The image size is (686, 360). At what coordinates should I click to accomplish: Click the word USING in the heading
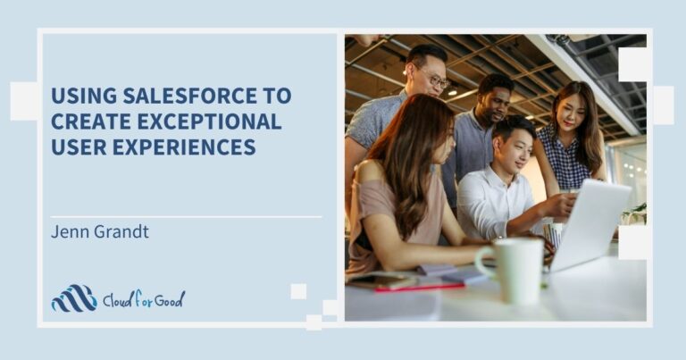click(82, 96)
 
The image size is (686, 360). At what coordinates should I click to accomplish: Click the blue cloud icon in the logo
click(73, 298)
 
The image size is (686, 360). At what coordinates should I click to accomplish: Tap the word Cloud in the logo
click(121, 299)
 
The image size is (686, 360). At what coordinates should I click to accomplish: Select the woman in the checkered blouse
click(572, 147)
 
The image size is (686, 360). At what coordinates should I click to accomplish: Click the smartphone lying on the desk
click(375, 280)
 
